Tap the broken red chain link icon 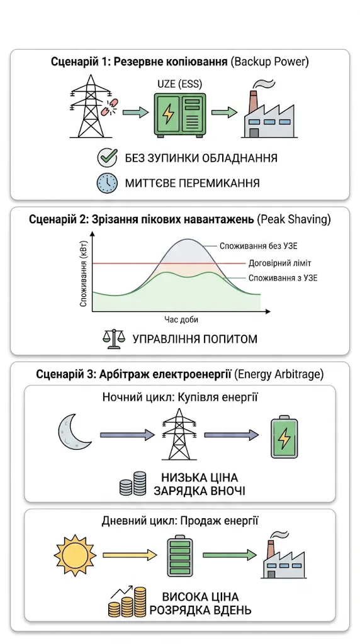coord(108,107)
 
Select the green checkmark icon coord(105,158)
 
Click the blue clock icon coord(105,183)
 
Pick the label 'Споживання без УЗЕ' coord(258,247)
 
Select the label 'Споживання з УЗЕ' coord(283,278)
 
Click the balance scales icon coord(111,339)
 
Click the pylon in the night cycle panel coord(179,435)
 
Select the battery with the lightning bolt coord(284,438)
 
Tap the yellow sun coord(75,555)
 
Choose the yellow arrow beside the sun coord(130,555)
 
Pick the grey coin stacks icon coord(132,484)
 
